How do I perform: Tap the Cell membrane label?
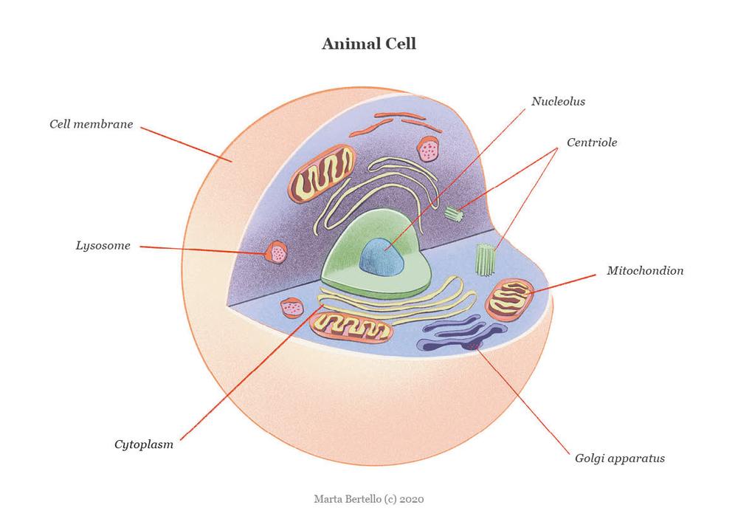(x=92, y=124)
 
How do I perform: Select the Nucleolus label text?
(x=558, y=101)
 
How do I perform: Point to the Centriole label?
(x=592, y=142)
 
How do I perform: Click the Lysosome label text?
(x=103, y=246)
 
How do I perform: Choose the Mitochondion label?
(x=645, y=271)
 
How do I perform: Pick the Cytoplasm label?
(x=144, y=444)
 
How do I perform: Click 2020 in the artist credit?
(x=412, y=499)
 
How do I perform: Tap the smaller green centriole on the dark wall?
(x=455, y=213)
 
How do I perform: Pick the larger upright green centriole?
(x=486, y=259)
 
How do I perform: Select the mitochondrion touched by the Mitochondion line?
(x=509, y=299)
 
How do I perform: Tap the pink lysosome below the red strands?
(x=428, y=148)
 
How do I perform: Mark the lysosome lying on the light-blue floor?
(x=292, y=308)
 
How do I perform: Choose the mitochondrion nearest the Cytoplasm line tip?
(x=351, y=326)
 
